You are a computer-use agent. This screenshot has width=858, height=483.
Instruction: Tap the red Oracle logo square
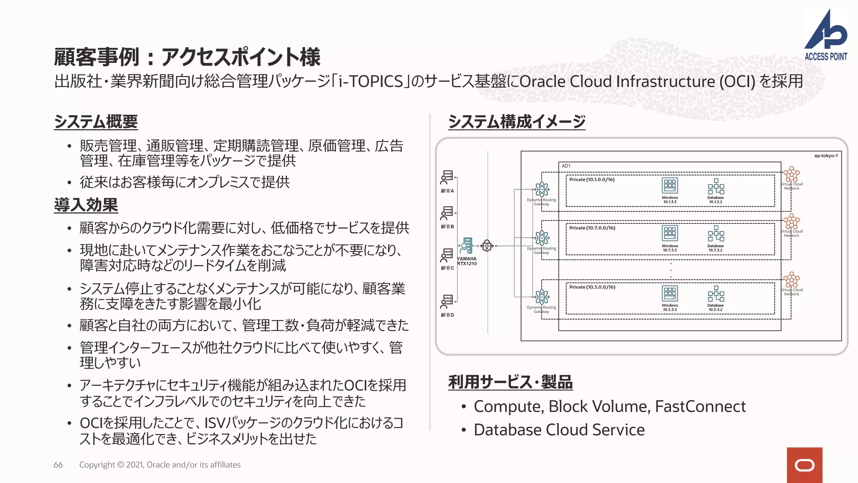click(x=804, y=465)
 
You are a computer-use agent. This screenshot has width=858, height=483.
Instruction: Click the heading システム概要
click(x=96, y=122)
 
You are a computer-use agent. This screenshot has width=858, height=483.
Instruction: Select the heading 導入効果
click(x=86, y=205)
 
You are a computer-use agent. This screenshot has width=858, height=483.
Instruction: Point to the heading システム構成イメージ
click(x=517, y=122)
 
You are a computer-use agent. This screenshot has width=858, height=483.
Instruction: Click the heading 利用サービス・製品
click(x=510, y=382)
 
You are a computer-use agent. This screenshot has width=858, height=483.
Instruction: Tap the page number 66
click(x=58, y=465)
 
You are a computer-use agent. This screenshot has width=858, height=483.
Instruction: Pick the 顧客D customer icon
click(x=447, y=301)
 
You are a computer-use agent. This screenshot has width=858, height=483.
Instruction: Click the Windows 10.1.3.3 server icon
click(x=669, y=186)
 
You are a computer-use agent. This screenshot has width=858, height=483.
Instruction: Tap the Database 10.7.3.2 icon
click(x=716, y=234)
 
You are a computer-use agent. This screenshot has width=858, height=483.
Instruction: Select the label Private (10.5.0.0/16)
click(x=592, y=287)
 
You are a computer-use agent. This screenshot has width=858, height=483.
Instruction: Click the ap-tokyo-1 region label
click(x=826, y=156)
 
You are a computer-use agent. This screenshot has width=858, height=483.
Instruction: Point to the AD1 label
click(x=566, y=166)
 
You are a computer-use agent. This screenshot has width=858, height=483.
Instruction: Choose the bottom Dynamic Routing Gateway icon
click(x=541, y=297)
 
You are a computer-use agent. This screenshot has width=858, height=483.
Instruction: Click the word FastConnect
click(x=700, y=406)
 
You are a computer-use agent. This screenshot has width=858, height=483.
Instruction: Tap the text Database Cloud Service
click(x=559, y=430)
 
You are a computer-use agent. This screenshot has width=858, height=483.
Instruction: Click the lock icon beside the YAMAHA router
click(x=487, y=246)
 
